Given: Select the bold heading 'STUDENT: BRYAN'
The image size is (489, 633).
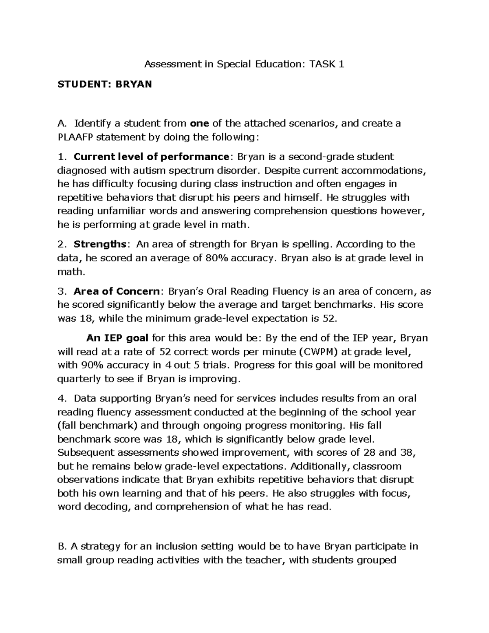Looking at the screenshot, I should coord(104,84).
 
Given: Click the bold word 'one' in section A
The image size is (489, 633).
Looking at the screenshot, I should coord(200,124).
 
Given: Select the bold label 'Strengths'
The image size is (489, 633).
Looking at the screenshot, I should coord(100,245).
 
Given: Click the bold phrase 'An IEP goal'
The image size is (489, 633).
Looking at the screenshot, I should coord(118,338).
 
